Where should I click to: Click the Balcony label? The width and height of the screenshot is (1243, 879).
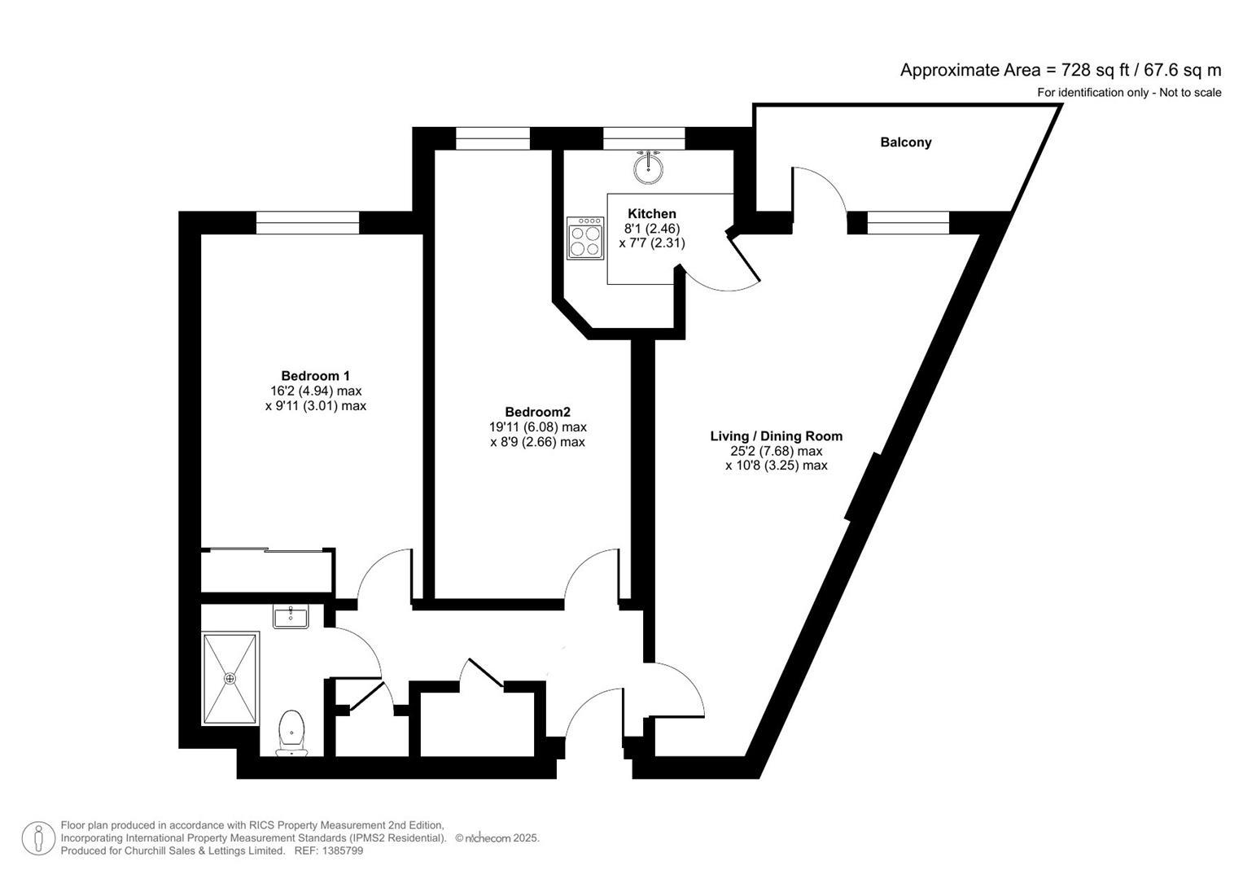(905, 142)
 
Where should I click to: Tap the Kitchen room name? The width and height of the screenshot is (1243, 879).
(651, 214)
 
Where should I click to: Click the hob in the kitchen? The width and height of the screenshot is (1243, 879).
(586, 238)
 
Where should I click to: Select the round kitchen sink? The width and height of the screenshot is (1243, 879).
(648, 168)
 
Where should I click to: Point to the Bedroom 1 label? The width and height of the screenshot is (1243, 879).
(315, 376)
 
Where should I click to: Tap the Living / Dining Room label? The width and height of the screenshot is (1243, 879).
(776, 436)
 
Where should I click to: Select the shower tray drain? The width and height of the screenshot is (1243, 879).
(230, 678)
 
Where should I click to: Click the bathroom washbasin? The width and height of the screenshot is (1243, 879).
(291, 617)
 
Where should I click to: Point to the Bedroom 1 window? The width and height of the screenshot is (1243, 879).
(308, 222)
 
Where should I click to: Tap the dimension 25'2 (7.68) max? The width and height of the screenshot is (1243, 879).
(776, 451)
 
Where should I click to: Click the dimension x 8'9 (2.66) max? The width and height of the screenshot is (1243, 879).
(537, 442)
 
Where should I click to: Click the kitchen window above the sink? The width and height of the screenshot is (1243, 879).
(644, 138)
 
